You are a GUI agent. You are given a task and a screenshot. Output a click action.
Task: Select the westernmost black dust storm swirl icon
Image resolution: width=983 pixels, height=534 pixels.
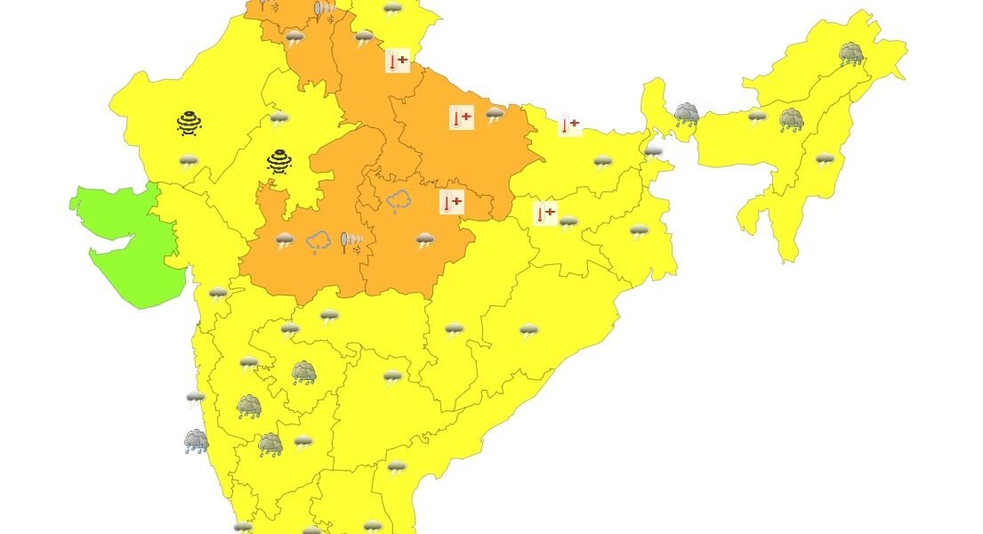[189, 123]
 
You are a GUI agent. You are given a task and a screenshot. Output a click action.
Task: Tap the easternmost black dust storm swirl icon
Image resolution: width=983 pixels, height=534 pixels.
[279, 161]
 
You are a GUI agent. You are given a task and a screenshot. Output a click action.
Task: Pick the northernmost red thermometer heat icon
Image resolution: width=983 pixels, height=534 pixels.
[397, 61]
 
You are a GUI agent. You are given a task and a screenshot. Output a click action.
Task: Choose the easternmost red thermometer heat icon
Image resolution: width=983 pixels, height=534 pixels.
[569, 125]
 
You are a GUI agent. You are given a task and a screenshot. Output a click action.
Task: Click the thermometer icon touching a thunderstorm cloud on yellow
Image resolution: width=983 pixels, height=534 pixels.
[544, 214]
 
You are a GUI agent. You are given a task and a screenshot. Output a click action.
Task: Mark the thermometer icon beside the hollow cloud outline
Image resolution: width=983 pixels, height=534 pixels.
[452, 202]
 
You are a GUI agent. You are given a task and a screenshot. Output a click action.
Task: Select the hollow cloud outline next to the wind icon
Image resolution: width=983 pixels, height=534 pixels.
[318, 241]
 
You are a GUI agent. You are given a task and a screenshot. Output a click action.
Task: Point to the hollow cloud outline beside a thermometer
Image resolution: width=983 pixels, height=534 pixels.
[398, 202]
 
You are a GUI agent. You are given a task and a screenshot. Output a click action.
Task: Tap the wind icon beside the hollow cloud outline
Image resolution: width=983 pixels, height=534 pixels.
[351, 242]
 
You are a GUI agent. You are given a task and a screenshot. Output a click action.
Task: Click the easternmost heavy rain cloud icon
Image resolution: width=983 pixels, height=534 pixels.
[851, 54]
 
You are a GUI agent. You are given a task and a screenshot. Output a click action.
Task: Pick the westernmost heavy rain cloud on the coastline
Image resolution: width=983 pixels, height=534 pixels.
[196, 441]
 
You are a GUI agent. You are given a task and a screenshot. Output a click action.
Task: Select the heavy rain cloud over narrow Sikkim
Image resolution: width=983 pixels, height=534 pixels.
[686, 114]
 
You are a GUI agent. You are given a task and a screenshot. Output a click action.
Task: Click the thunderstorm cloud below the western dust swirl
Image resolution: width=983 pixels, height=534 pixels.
[188, 161]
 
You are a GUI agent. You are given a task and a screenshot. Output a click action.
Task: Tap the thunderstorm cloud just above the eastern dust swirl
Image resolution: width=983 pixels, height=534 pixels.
[278, 118]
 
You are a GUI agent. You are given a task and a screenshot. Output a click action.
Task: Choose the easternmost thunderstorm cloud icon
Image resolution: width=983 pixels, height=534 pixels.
[825, 160]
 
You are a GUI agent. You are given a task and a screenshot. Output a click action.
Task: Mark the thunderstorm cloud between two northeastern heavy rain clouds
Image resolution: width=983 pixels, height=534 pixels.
[757, 117]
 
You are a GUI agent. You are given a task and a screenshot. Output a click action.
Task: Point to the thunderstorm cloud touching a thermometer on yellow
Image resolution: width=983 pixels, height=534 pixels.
[568, 222]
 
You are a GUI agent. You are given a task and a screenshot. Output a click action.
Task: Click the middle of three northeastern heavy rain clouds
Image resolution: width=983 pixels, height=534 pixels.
[791, 119]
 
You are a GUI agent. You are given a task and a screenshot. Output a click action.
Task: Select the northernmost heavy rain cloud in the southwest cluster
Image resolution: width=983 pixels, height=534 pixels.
[304, 372]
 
